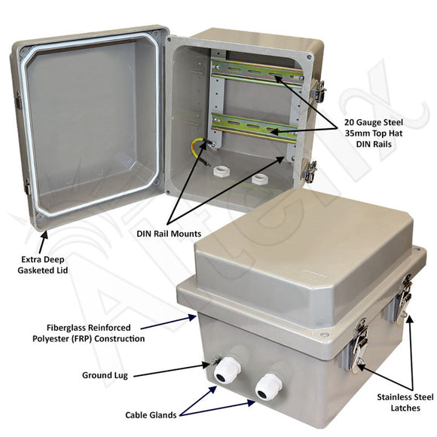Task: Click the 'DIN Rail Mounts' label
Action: pyautogui.click(x=169, y=234)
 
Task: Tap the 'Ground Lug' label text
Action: pyautogui.click(x=105, y=375)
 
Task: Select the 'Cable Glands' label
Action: pyautogui.click(x=151, y=415)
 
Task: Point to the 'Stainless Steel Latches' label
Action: pyautogui.click(x=405, y=402)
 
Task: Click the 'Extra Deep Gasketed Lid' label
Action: pyautogui.click(x=43, y=264)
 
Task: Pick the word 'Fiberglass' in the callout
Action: pyautogui.click(x=66, y=328)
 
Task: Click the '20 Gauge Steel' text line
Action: pyautogui.click(x=374, y=122)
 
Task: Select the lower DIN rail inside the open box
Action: pyautogui.click(x=254, y=127)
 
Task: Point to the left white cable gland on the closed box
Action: pyautogui.click(x=227, y=369)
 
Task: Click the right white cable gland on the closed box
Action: pyautogui.click(x=268, y=387)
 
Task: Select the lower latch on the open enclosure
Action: pyautogui.click(x=310, y=171)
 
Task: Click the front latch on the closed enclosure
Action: pyautogui.click(x=359, y=345)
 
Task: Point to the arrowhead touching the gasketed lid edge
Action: pyautogui.click(x=44, y=236)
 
